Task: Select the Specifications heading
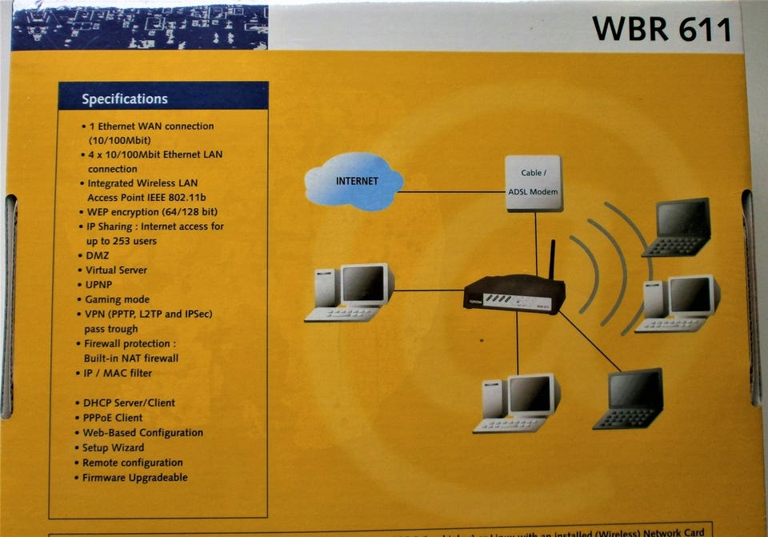point(125,99)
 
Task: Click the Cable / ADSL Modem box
point(533,182)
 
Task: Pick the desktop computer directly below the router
point(515,403)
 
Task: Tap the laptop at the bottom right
point(630,399)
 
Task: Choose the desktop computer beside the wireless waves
point(678,303)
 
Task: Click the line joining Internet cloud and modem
point(452,191)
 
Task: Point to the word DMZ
point(98,256)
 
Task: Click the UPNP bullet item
point(100,285)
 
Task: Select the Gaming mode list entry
point(117,299)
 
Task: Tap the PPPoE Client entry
point(112,418)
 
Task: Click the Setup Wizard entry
point(113,447)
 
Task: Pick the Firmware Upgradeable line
point(134,478)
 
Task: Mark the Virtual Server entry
point(116,271)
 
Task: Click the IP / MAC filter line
point(118,373)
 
